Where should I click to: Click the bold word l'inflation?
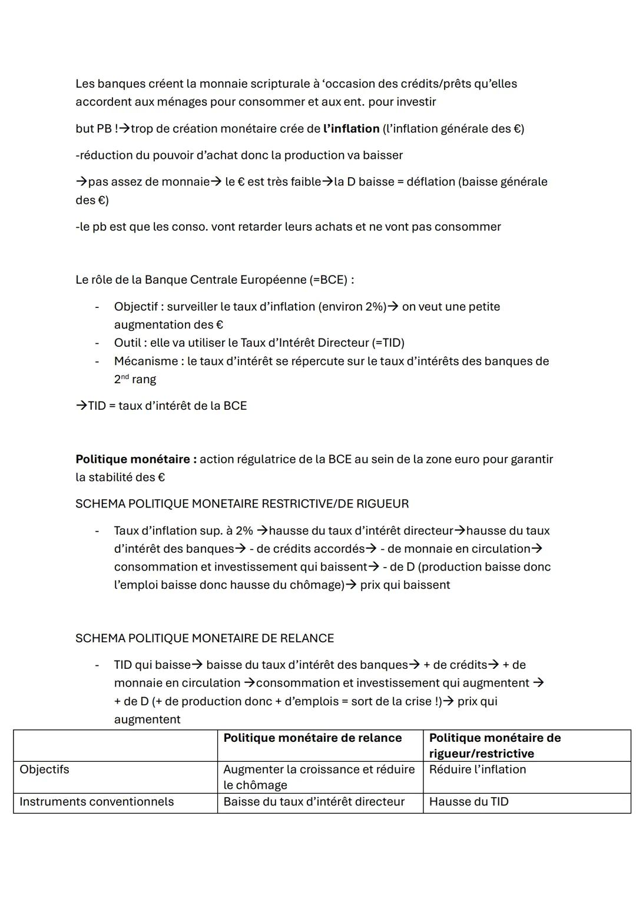351,128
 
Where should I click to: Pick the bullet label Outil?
127,343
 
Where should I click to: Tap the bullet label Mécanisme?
145,361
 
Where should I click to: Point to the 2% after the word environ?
375,307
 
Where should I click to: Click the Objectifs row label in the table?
44,769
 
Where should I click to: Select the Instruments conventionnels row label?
97,802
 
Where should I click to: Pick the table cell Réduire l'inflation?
478,769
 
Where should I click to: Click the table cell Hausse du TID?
469,802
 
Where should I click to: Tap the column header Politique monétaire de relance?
313,738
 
